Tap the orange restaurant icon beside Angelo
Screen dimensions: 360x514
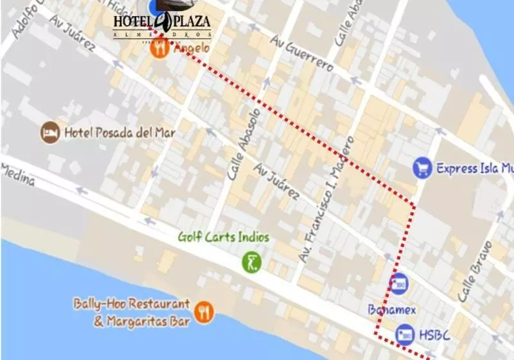160,48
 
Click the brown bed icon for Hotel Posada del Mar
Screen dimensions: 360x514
50,133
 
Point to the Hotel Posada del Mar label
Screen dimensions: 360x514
120,133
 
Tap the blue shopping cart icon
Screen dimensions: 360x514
422,168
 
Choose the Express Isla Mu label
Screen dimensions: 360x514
475,169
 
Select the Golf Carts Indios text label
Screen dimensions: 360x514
224,237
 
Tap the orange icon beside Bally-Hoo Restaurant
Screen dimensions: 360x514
204,312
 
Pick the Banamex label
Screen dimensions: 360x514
392,310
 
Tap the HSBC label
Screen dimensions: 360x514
435,335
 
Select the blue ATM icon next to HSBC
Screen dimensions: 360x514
405,334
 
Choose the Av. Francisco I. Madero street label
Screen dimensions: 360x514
326,199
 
